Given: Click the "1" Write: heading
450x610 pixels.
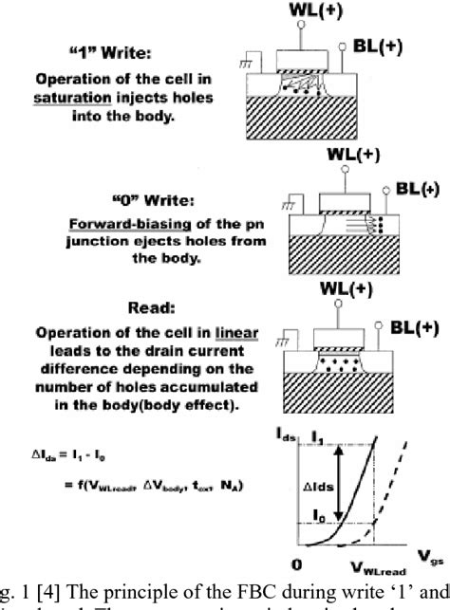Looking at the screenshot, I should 124,55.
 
